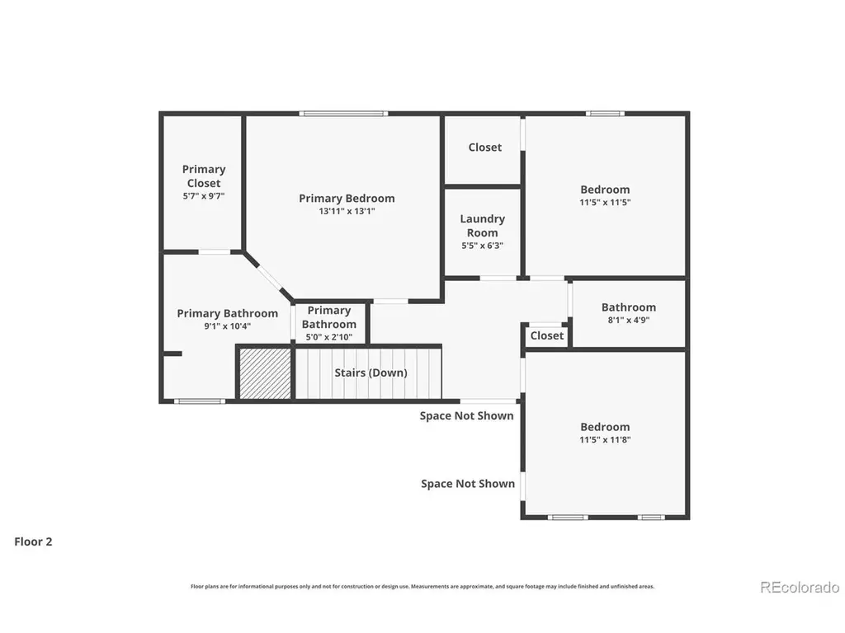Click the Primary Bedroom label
347,198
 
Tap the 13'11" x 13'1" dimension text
347,211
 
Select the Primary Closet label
204,176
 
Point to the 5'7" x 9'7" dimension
204,196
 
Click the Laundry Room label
482,226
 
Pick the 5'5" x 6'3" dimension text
482,246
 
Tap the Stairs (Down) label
371,373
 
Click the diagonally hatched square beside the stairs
265,373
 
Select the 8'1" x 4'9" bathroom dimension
628,320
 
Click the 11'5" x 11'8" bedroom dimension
605,439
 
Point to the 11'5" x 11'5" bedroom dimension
605,203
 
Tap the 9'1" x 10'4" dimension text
228,326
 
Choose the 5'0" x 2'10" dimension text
328,337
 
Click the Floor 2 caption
33,542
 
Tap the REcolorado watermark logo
800,587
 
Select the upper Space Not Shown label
467,415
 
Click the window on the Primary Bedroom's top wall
343,114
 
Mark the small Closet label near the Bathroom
547,335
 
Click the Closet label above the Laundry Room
485,147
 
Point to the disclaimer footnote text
422,586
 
